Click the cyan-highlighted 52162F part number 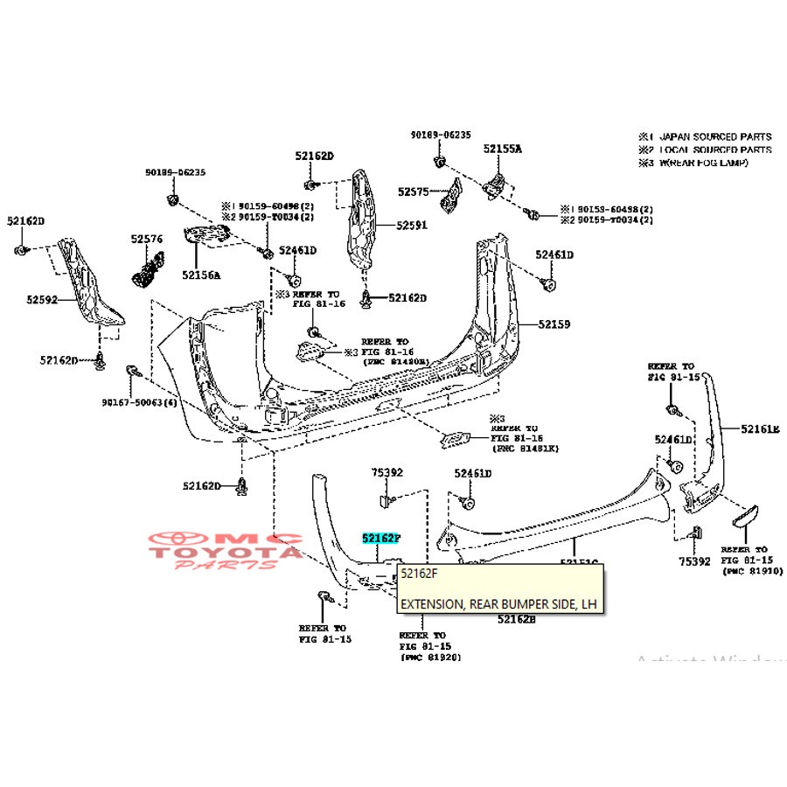pyautogui.click(x=380, y=540)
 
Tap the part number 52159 pyautogui.click(x=554, y=324)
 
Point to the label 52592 pyautogui.click(x=40, y=300)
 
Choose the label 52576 pyautogui.click(x=148, y=238)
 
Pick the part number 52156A pyautogui.click(x=201, y=275)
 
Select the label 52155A pyautogui.click(x=502, y=150)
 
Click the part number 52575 pyautogui.click(x=413, y=191)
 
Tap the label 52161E pyautogui.click(x=759, y=428)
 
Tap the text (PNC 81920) pyautogui.click(x=430, y=656)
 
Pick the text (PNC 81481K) pyautogui.click(x=525, y=448)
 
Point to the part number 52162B pyautogui.click(x=516, y=619)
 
